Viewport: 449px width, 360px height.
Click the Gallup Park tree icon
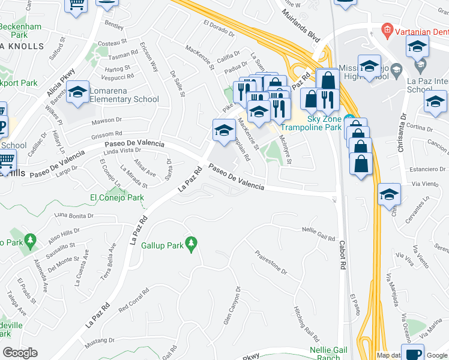click(191, 244)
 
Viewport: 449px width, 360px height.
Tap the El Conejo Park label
click(117, 197)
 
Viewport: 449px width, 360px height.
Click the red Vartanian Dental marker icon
click(387, 29)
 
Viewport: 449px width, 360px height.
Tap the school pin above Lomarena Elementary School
click(77, 92)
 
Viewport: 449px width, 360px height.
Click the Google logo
click(20, 353)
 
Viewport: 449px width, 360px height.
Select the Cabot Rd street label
click(343, 256)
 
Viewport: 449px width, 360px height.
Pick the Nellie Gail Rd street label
click(318, 234)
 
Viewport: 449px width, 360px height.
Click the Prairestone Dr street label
click(272, 263)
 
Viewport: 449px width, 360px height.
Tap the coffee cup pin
click(412, 353)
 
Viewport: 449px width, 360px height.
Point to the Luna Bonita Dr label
click(74, 215)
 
